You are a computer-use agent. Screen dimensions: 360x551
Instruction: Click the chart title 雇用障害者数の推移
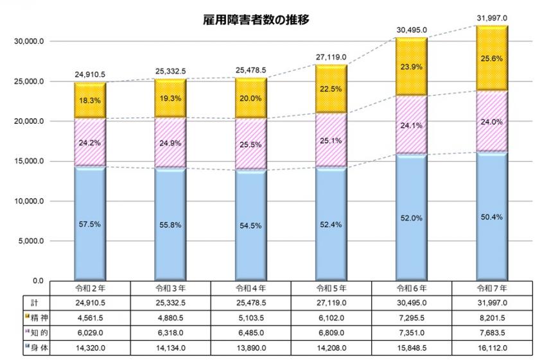[x=256, y=20]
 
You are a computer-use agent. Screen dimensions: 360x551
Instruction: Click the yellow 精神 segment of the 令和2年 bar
[x=90, y=100]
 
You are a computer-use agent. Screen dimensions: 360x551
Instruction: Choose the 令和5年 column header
[x=331, y=288]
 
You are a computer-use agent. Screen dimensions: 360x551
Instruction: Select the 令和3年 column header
[x=171, y=288]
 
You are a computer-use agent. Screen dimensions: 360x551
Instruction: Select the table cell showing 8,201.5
[x=493, y=316]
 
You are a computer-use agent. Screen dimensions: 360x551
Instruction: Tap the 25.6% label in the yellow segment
[x=493, y=57]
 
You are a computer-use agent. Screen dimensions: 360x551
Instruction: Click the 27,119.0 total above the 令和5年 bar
[x=331, y=56]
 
